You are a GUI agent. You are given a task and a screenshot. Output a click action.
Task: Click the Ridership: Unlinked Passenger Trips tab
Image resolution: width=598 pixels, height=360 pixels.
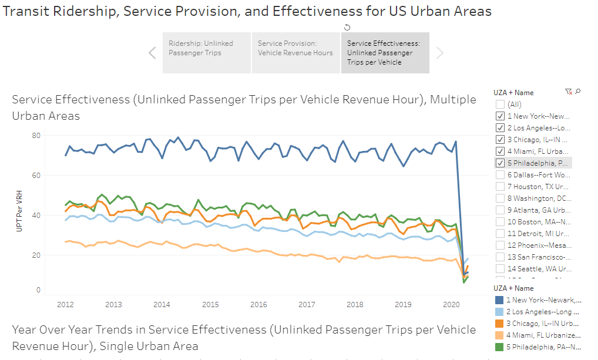pyautogui.click(x=206, y=52)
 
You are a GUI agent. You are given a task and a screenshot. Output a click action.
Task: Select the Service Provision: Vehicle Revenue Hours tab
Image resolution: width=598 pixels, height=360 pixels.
pyautogui.click(x=295, y=52)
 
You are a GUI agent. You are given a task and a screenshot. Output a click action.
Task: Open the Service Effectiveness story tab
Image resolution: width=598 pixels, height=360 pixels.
pyautogui.click(x=385, y=52)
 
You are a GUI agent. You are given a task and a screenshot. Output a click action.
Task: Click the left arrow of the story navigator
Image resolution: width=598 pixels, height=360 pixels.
pyautogui.click(x=152, y=53)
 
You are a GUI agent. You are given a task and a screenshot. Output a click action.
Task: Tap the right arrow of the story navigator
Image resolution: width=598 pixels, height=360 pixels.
pyautogui.click(x=439, y=53)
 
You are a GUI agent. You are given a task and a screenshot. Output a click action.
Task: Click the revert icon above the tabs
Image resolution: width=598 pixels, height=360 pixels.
pyautogui.click(x=347, y=27)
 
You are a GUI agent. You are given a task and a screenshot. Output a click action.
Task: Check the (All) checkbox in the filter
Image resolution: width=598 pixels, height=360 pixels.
pyautogui.click(x=500, y=105)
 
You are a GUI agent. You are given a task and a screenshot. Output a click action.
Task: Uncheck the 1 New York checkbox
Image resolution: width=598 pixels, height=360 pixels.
pyautogui.click(x=500, y=116)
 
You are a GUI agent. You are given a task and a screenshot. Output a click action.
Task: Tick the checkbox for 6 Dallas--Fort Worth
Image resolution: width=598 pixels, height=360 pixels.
pyautogui.click(x=500, y=175)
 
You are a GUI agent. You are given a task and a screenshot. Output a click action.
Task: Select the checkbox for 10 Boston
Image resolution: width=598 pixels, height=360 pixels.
pyautogui.click(x=500, y=221)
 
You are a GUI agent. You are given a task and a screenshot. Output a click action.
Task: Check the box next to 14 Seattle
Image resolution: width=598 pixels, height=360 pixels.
pyautogui.click(x=500, y=268)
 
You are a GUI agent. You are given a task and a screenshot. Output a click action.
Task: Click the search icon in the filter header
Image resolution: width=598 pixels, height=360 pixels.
pyautogui.click(x=578, y=92)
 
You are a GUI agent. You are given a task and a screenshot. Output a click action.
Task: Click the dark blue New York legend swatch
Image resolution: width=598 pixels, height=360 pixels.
pyautogui.click(x=500, y=300)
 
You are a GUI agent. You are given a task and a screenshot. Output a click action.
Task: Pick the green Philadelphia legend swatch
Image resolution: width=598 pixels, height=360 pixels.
pyautogui.click(x=500, y=346)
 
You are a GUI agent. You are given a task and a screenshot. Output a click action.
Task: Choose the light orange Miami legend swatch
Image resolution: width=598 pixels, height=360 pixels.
pyautogui.click(x=500, y=335)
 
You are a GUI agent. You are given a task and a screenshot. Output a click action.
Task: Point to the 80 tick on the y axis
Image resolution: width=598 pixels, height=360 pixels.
pyautogui.click(x=36, y=136)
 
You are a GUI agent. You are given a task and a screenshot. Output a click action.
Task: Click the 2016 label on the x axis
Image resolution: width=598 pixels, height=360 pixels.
pyautogui.click(x=258, y=305)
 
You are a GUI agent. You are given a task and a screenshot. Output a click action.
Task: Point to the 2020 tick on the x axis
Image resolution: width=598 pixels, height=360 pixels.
pyautogui.click(x=451, y=305)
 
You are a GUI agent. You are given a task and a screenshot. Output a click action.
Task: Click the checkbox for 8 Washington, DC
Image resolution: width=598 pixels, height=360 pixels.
pyautogui.click(x=500, y=198)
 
